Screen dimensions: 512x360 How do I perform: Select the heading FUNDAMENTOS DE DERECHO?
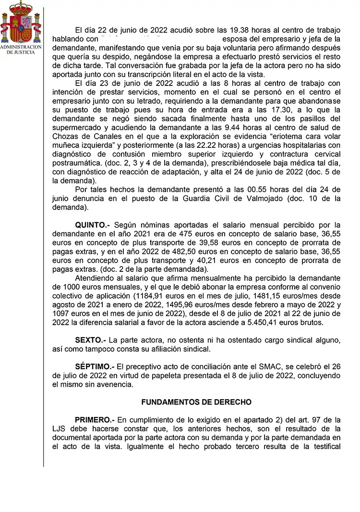tap(196, 402)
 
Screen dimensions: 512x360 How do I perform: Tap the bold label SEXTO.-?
tap(90, 340)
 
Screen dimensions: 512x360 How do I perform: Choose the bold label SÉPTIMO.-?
tap(95, 367)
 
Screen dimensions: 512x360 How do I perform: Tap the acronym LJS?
tap(61, 429)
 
